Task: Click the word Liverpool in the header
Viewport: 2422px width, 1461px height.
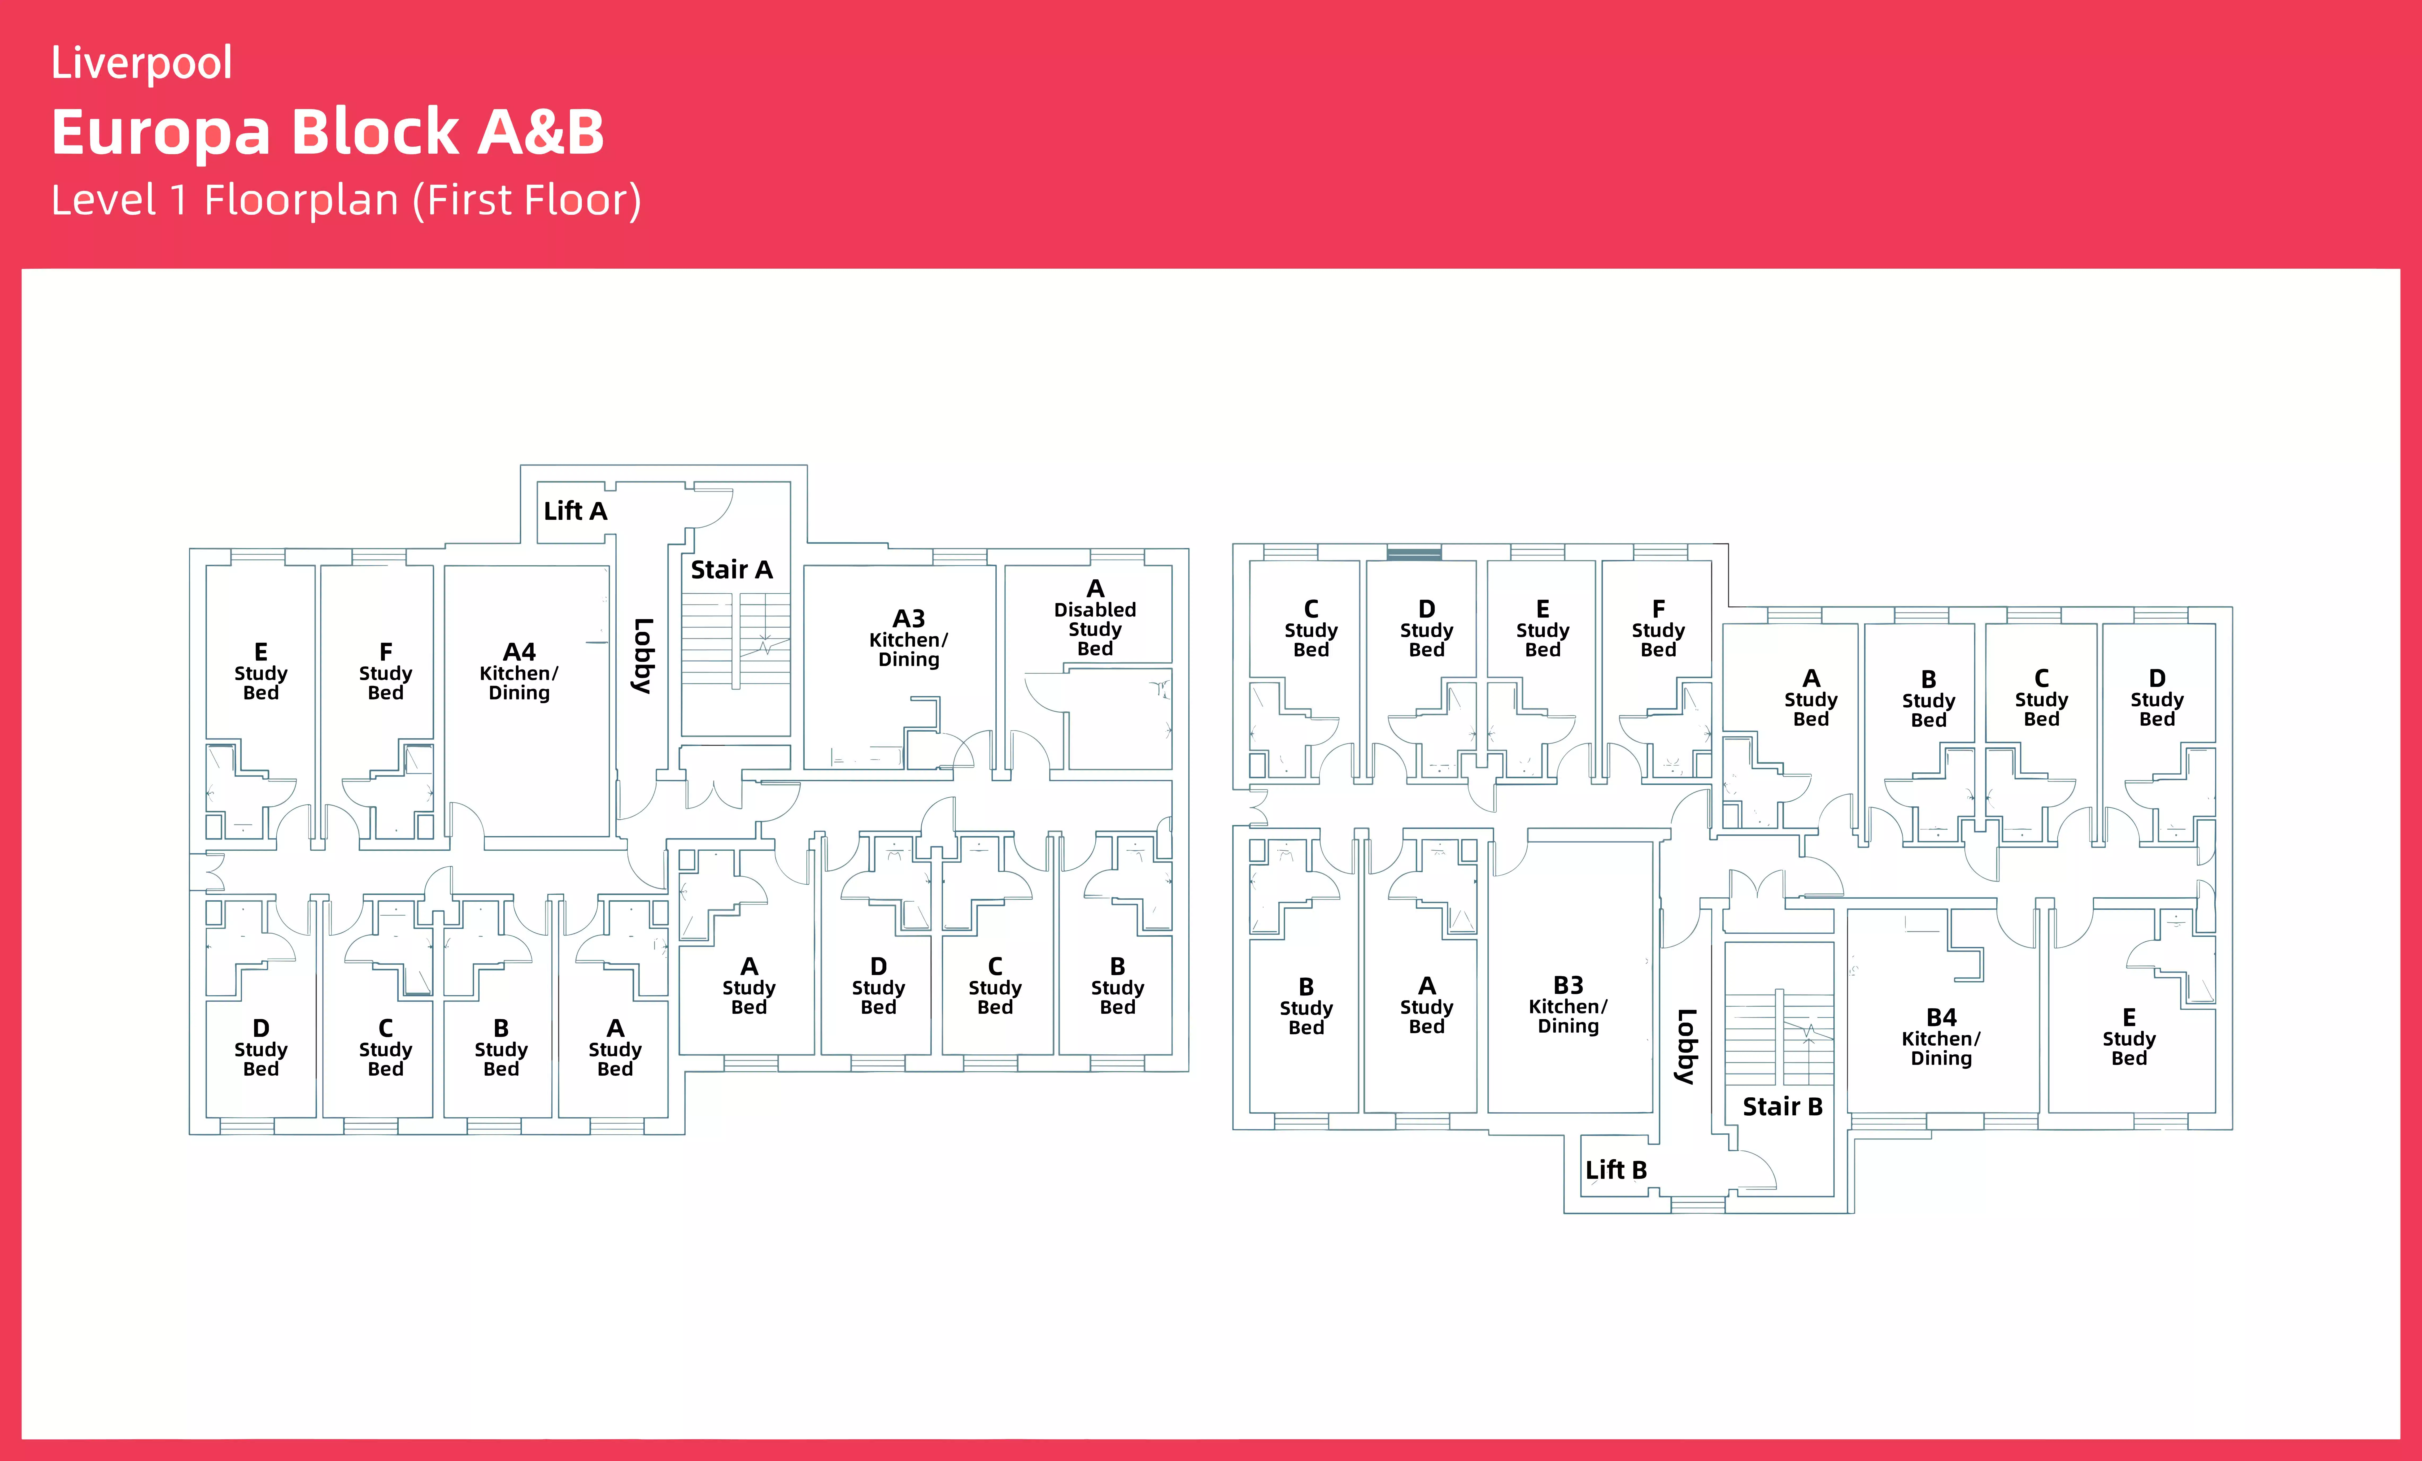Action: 142,63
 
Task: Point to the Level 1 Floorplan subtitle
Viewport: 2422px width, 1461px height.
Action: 346,201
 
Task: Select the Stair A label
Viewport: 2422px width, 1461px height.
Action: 731,570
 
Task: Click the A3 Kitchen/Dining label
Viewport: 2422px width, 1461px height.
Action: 908,639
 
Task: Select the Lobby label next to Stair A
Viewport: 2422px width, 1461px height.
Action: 643,656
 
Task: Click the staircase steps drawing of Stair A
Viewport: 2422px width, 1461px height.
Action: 735,639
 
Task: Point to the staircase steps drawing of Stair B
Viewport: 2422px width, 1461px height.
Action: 1779,1037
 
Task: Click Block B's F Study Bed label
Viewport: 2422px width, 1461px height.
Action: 1658,629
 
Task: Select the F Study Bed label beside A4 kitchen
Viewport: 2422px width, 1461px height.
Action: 385,672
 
